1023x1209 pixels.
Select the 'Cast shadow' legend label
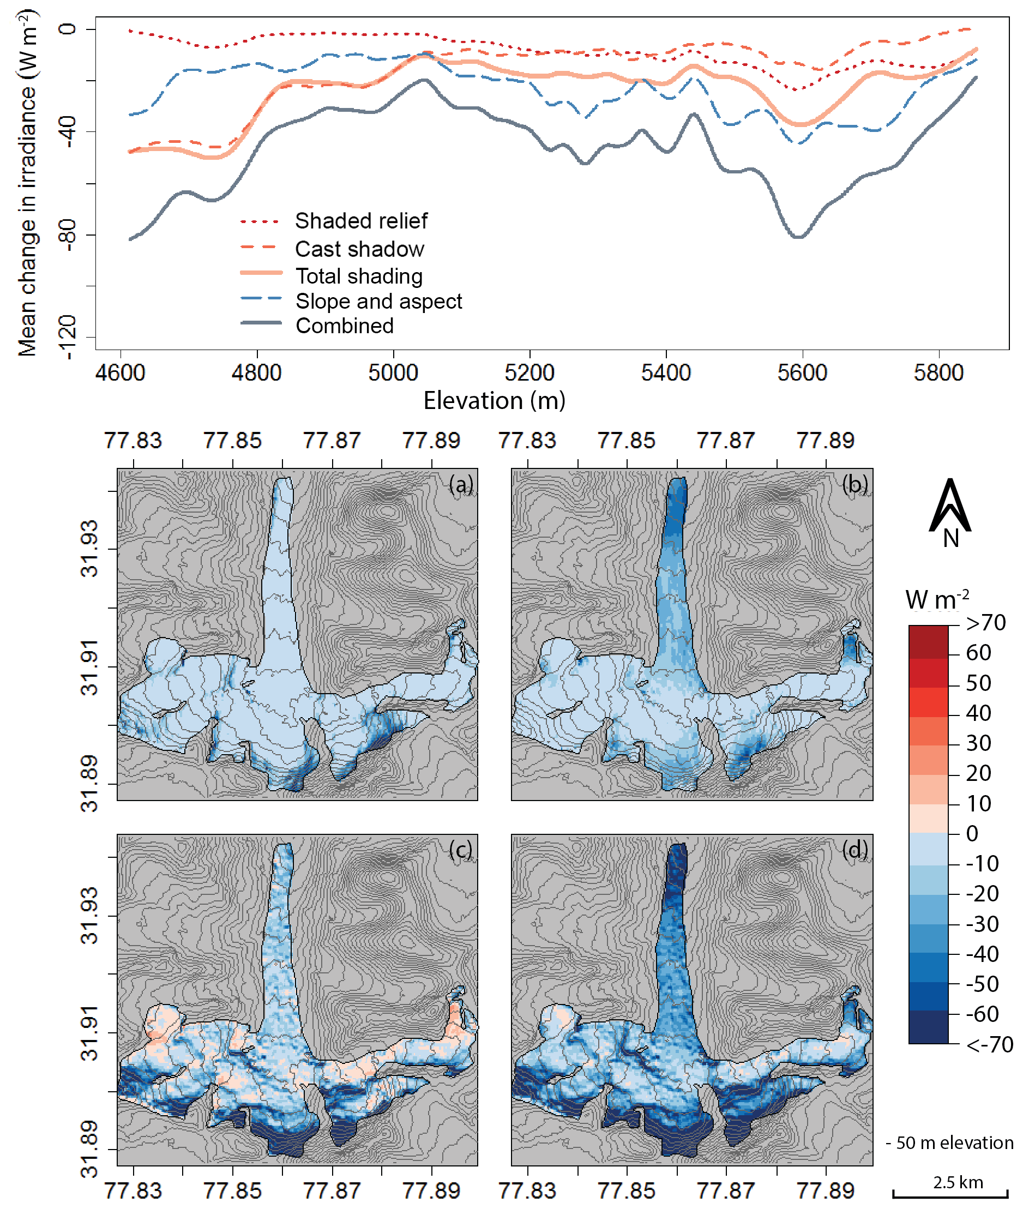[x=359, y=249]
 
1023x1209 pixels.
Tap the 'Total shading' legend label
[x=359, y=276]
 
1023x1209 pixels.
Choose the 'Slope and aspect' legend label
[x=378, y=301]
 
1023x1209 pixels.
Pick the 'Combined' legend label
[x=345, y=326]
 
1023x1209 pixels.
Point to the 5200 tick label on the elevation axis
[x=529, y=372]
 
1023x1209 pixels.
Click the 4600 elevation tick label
[x=120, y=372]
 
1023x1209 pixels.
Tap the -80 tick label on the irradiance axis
[x=67, y=235]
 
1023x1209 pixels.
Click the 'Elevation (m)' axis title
[x=494, y=401]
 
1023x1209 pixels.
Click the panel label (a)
[x=461, y=484]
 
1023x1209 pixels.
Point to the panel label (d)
[x=855, y=850]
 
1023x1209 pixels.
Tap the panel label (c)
[x=460, y=850]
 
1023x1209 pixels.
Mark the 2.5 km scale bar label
[x=958, y=1182]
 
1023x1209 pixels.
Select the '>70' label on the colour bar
[x=986, y=623]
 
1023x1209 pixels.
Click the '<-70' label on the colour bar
[x=989, y=1044]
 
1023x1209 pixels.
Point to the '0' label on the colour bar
[x=972, y=834]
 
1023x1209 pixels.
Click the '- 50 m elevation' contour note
[x=949, y=1142]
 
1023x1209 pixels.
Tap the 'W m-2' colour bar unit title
[x=937, y=599]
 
